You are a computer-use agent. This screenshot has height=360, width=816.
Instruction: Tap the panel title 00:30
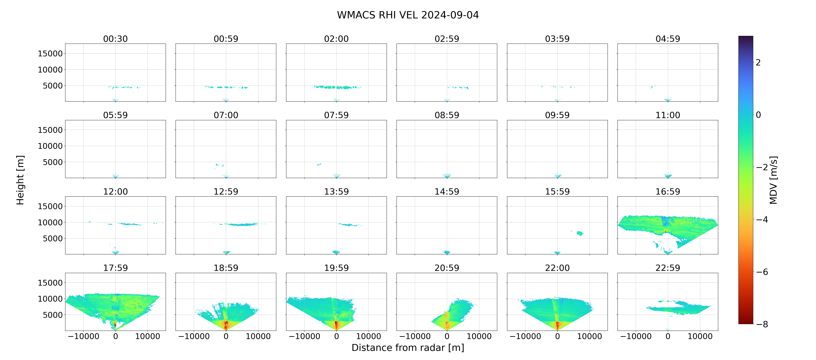pos(115,39)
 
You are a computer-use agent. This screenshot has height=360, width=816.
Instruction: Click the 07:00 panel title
pos(226,115)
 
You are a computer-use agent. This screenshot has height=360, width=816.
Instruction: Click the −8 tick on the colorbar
pos(762,324)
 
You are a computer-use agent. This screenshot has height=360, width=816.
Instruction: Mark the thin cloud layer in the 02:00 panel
pos(336,87)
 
